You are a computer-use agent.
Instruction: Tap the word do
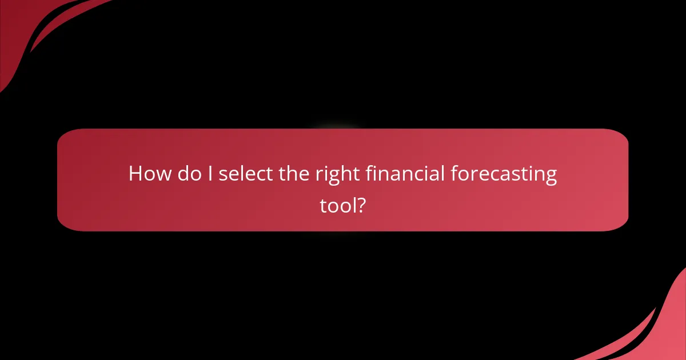tap(189, 174)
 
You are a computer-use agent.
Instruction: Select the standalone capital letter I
tap(210, 174)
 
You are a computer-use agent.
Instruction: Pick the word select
tap(245, 174)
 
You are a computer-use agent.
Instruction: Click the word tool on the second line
tap(338, 205)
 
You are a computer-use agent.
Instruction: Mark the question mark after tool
tap(361, 205)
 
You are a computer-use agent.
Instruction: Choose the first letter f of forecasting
tap(454, 173)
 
